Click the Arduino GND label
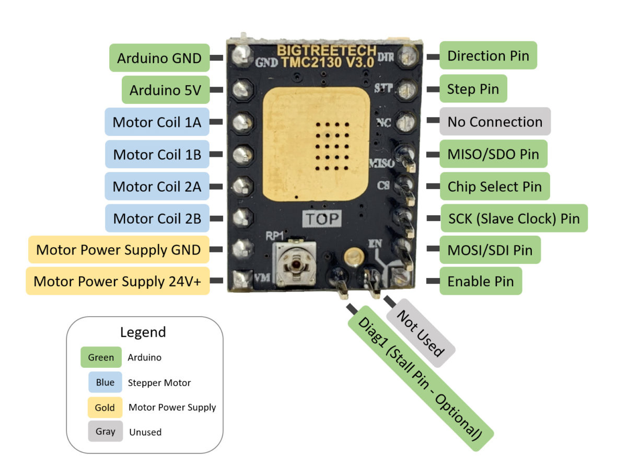point(159,58)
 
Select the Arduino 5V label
point(165,90)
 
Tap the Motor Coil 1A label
point(157,123)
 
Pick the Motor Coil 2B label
point(157,219)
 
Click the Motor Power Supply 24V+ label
point(118,282)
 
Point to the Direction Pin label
point(488,56)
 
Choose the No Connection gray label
point(495,122)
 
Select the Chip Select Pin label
point(494,187)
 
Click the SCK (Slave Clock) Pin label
point(514,218)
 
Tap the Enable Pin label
point(480,282)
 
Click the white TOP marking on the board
point(322,218)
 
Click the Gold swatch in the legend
point(104,407)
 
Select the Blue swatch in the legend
point(104,382)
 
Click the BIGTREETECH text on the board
point(326,51)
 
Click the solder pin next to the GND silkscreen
point(241,55)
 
